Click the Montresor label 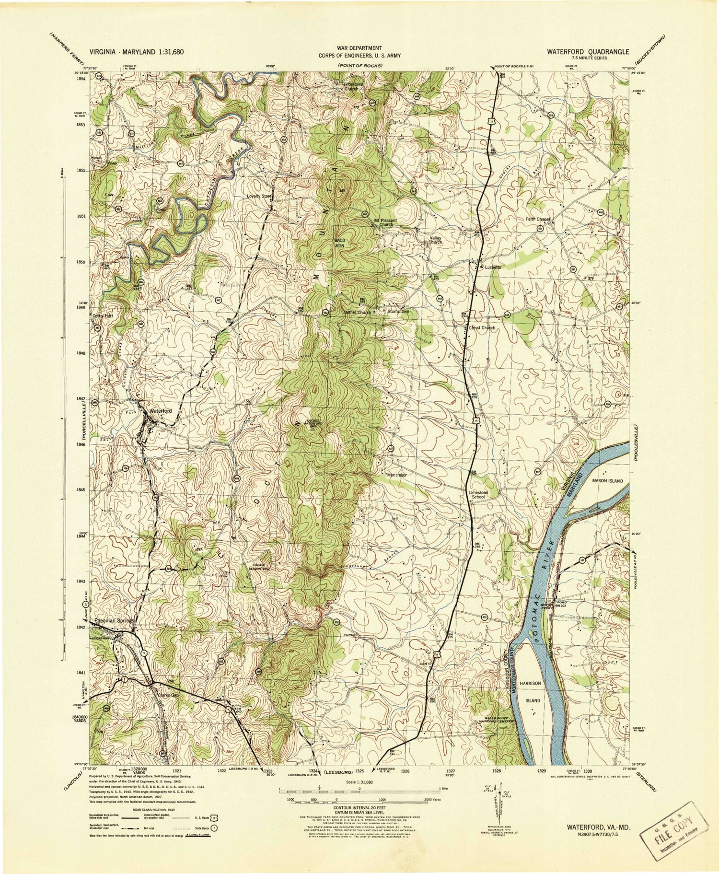click(397, 474)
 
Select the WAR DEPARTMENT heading click(359, 48)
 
